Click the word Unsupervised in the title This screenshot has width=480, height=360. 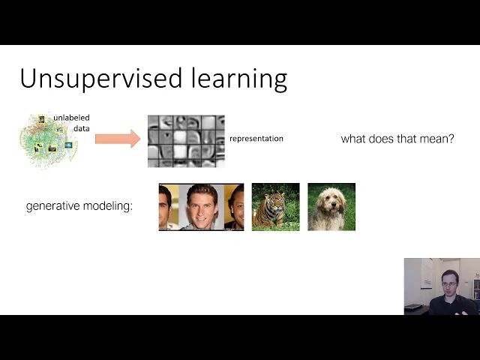click(x=101, y=79)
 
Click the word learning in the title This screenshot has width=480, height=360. click(x=239, y=79)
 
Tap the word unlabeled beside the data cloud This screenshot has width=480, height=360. click(x=71, y=118)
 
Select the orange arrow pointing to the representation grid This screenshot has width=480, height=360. click(x=118, y=139)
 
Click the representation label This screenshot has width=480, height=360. click(x=256, y=139)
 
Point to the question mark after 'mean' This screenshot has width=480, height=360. click(x=451, y=139)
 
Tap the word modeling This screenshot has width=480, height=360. click(x=108, y=206)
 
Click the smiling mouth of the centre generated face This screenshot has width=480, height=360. click(x=201, y=218)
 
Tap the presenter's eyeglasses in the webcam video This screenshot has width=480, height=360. click(x=449, y=283)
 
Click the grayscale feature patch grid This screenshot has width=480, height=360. click(x=186, y=142)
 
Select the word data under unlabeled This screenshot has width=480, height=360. click(x=82, y=128)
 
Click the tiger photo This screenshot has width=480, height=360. click(x=275, y=207)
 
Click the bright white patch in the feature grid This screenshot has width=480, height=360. click(x=180, y=151)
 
